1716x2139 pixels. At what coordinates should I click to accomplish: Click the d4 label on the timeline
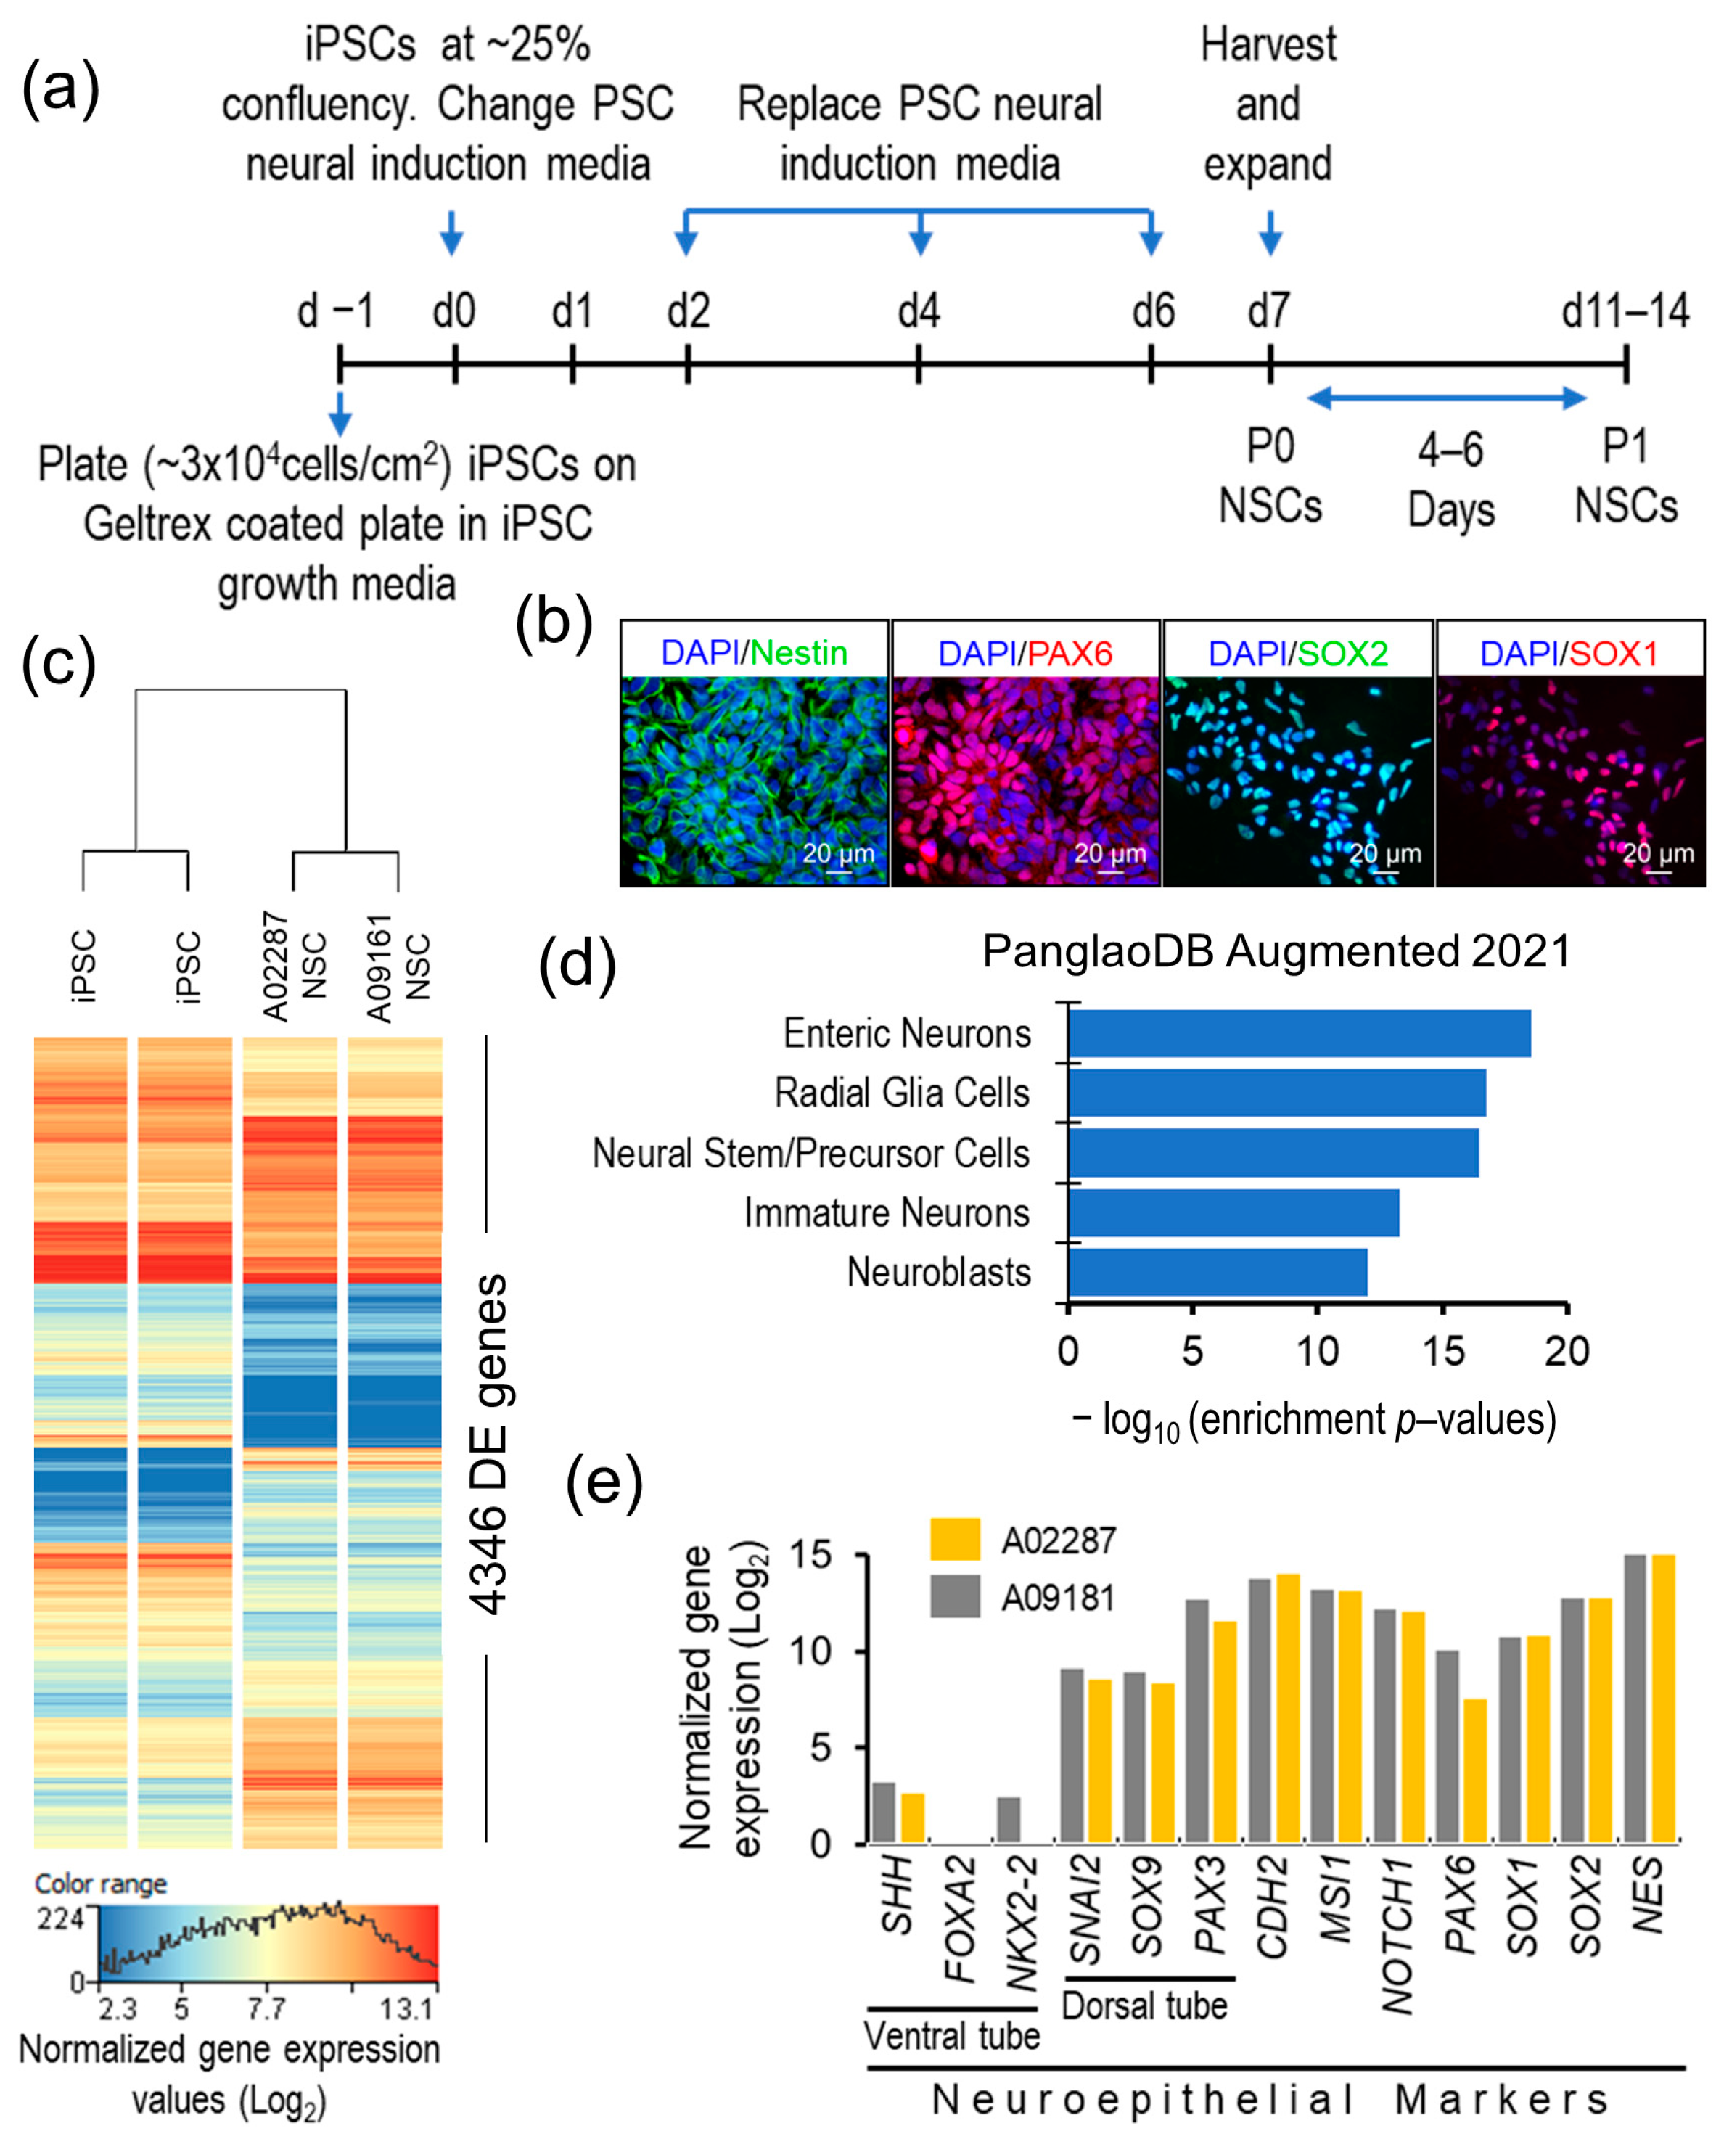pos(919,311)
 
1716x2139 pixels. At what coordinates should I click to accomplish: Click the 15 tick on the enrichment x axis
pos(1443,1351)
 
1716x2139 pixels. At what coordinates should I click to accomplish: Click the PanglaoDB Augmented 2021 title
pos(1276,951)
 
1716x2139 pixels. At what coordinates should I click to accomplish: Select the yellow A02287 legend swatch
pos(955,1540)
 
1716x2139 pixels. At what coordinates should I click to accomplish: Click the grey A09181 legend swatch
pos(955,1597)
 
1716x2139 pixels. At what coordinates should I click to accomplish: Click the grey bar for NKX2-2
pos(1009,1820)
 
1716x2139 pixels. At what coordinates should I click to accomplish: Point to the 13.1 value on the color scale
pos(406,2009)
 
